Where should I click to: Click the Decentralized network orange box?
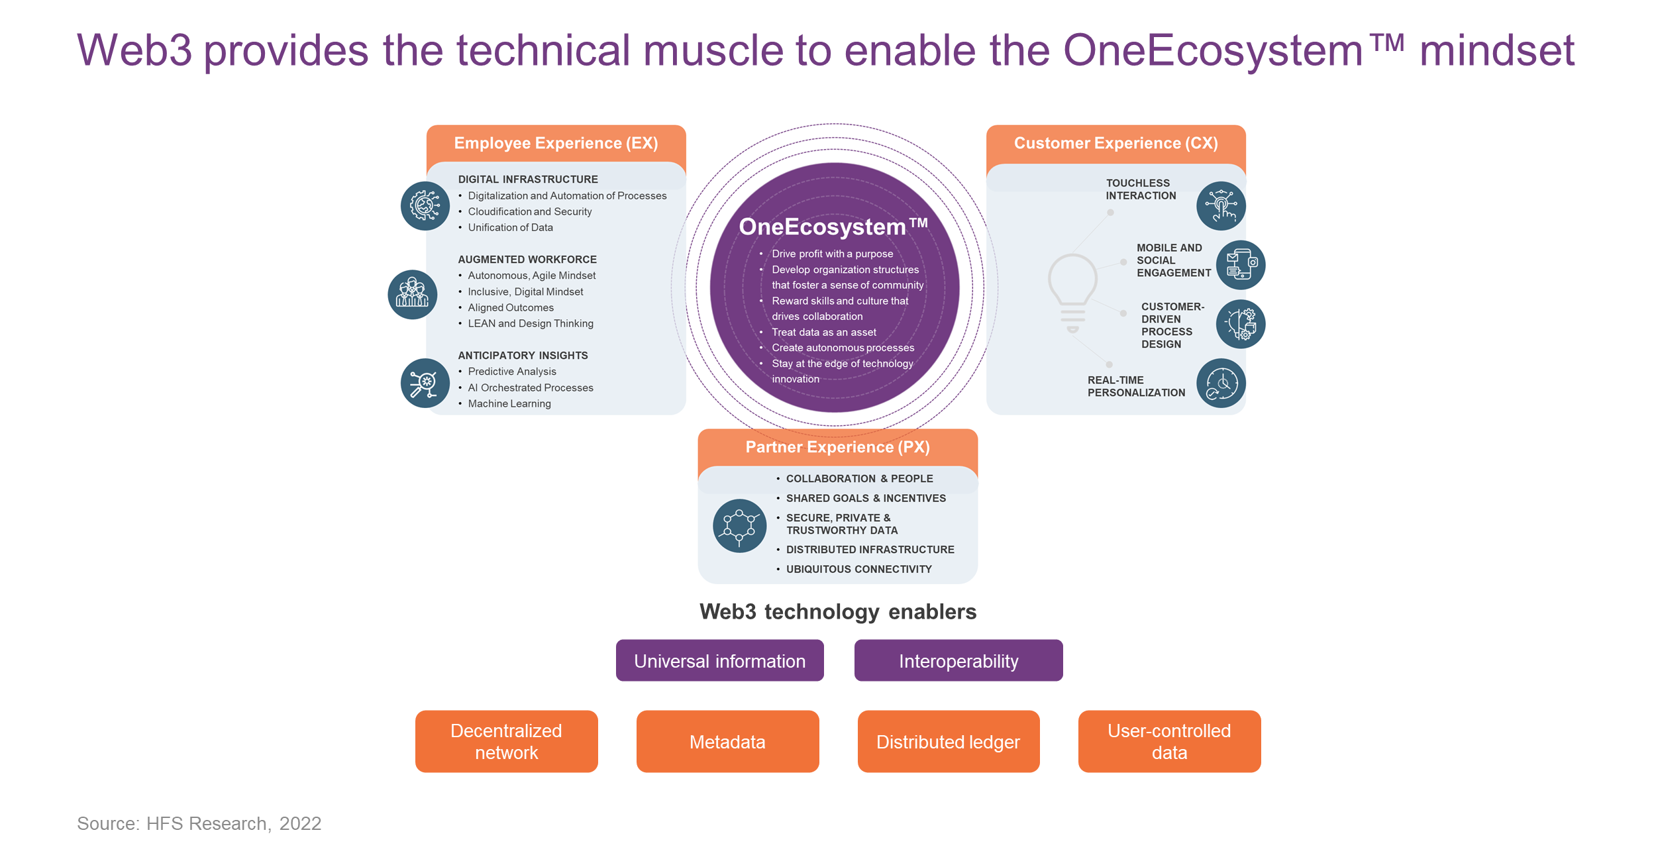[506, 741]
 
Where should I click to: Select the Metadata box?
[727, 741]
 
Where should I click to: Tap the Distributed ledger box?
[948, 741]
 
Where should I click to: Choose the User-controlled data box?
[1169, 741]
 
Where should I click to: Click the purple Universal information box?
[719, 660]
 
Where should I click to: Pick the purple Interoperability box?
[958, 660]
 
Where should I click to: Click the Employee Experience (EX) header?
[556, 143]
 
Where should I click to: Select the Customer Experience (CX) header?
[1115, 143]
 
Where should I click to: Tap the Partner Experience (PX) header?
[837, 447]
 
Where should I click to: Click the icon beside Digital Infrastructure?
[425, 206]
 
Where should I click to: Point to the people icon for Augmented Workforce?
[412, 294]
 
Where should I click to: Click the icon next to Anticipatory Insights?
[425, 383]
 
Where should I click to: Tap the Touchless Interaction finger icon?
[1221, 206]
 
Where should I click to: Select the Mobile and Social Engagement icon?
[1240, 264]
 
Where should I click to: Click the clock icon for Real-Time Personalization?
[1221, 383]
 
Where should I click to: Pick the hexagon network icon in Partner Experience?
[739, 526]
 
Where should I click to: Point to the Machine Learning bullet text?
[509, 403]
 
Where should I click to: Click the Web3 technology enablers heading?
[838, 611]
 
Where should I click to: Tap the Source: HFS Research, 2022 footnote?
[199, 823]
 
